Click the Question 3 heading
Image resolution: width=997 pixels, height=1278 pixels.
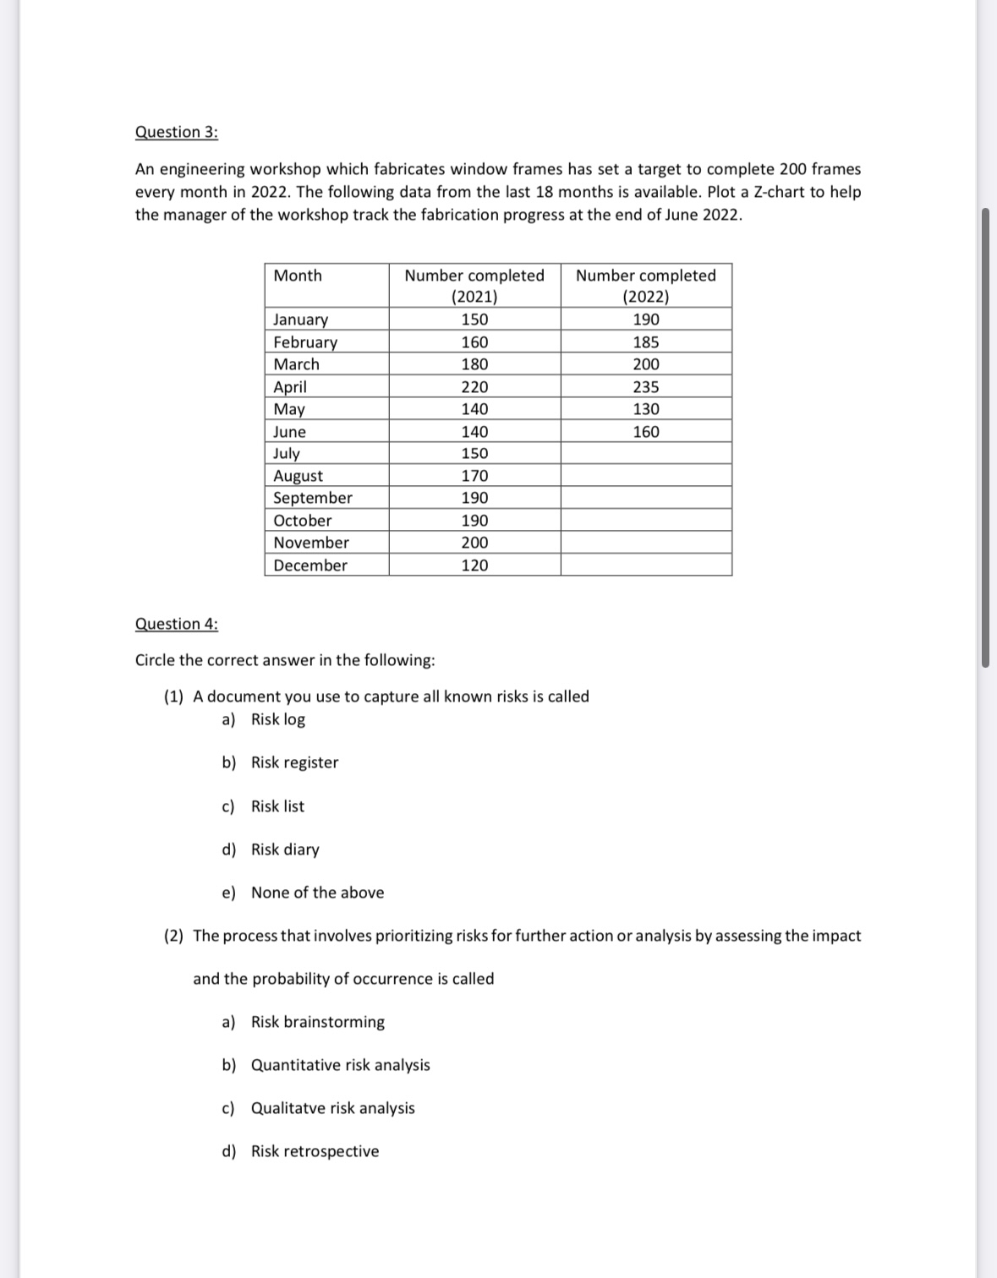point(176,132)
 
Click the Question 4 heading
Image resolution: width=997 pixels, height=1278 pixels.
point(176,624)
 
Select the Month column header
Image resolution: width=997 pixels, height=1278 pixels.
point(298,276)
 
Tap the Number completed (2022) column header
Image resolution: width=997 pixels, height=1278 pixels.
point(645,285)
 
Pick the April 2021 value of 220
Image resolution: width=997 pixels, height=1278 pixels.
point(474,387)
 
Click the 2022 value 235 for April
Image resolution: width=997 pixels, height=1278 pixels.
point(646,387)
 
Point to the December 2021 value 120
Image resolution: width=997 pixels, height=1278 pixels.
point(474,565)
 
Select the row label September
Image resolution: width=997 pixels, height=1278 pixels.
point(313,498)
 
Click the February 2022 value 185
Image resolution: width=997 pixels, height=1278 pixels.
point(646,342)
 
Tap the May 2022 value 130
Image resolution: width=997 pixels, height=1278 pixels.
point(646,409)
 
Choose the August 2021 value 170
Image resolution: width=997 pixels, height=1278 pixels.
point(474,476)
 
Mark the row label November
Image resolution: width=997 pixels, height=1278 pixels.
point(311,543)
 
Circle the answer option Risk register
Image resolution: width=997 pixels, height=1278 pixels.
point(294,762)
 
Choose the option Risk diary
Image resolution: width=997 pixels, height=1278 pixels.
point(285,849)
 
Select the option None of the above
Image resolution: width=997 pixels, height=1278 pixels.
point(317,893)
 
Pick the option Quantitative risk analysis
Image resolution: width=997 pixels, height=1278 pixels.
point(340,1065)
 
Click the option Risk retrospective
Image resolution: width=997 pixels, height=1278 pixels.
point(315,1151)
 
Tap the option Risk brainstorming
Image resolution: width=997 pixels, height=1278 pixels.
point(317,1022)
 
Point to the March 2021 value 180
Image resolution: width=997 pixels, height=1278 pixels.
point(474,364)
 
